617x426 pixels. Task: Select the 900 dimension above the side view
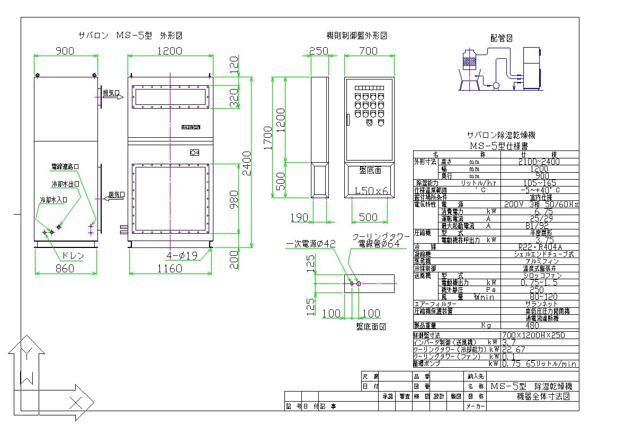[x=66, y=50]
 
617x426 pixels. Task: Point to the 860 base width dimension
[x=66, y=268]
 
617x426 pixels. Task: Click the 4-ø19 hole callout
[x=182, y=255]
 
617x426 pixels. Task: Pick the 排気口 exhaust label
[x=111, y=93]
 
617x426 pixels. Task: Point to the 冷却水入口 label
[x=54, y=200]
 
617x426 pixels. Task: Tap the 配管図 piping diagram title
[x=502, y=38]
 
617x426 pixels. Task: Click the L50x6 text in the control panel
[x=371, y=190]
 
